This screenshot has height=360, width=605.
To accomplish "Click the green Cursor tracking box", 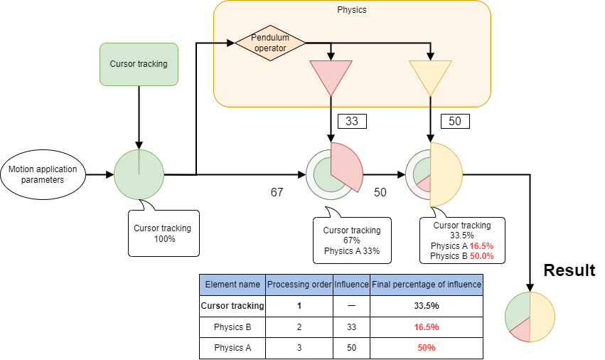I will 139,64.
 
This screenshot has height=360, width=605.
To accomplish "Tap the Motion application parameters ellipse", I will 43,174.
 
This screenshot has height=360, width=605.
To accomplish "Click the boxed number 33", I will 351,122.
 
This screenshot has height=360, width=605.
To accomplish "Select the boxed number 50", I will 455,122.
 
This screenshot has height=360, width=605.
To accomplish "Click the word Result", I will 569,270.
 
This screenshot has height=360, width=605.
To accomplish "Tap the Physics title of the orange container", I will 352,10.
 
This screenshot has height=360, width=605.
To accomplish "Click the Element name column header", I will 232,285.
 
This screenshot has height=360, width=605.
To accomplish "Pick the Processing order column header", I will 299,285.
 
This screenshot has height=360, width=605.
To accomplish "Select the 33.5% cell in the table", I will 427,306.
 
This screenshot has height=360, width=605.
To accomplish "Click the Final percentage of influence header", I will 427,285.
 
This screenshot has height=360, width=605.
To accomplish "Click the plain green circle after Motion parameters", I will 139,174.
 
